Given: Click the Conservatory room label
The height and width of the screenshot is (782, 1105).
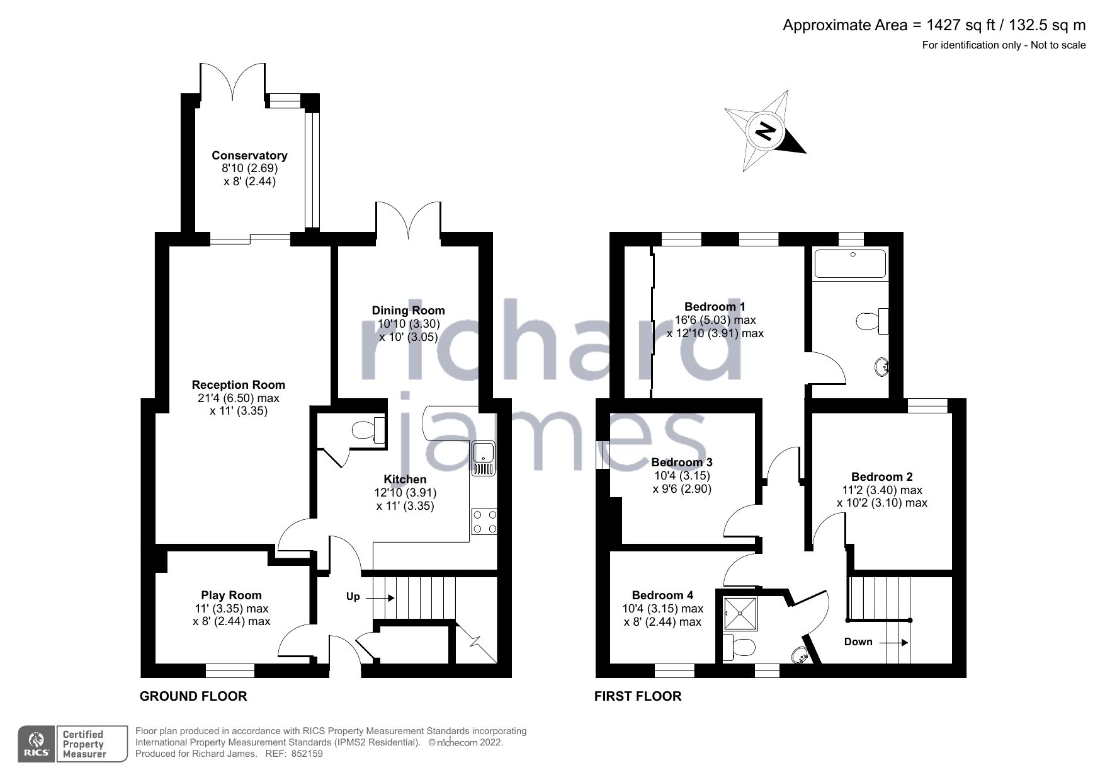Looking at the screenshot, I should (249, 156).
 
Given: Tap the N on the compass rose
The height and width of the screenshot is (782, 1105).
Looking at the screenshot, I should (765, 131).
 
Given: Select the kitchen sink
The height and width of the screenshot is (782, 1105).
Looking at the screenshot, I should (484, 458).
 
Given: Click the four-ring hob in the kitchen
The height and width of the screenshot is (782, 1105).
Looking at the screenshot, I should (484, 521).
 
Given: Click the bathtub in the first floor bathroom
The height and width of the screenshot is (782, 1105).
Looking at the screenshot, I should (850, 263).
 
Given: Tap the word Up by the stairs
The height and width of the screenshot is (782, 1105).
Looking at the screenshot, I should (353, 596).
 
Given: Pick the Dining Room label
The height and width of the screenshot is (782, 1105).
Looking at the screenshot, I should (408, 310).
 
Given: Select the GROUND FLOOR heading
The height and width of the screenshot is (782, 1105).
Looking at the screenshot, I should (193, 696).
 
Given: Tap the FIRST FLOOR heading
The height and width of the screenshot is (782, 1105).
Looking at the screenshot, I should (638, 696).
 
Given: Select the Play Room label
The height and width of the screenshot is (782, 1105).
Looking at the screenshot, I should (231, 595).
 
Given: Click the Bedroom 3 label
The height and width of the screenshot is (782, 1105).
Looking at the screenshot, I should (682, 463).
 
